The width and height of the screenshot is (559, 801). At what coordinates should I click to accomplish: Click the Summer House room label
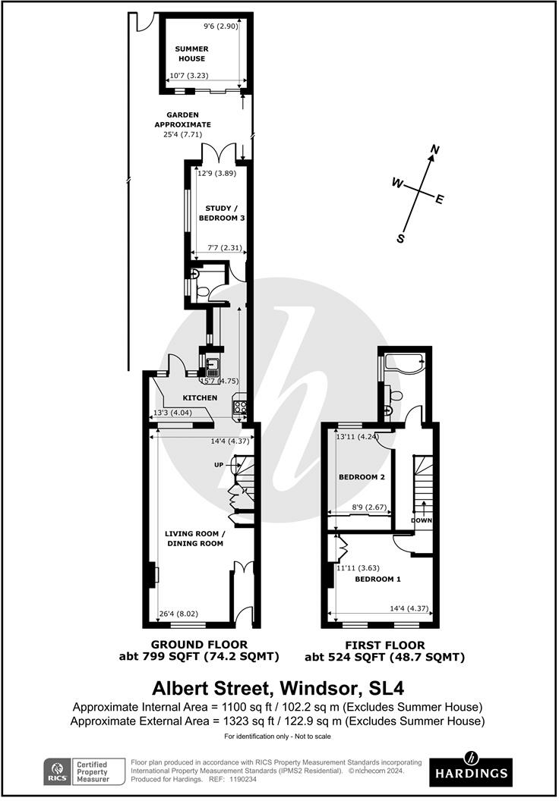[191, 54]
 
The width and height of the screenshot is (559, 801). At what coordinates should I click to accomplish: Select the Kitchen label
[200, 397]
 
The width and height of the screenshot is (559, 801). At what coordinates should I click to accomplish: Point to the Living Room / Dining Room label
[195, 539]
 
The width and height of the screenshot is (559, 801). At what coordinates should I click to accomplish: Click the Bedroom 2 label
[362, 477]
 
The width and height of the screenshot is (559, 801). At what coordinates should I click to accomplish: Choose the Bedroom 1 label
[378, 580]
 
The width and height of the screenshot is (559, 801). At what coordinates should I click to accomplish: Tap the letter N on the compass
[435, 149]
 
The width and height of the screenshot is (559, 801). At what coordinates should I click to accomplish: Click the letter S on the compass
[401, 238]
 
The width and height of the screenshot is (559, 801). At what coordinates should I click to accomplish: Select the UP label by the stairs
[219, 465]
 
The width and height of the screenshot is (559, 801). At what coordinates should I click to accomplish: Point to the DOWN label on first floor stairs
[422, 520]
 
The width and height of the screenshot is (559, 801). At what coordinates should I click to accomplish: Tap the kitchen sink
[213, 365]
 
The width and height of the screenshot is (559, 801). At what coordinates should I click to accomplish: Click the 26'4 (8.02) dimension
[178, 614]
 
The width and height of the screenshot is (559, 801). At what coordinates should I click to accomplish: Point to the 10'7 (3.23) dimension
[188, 76]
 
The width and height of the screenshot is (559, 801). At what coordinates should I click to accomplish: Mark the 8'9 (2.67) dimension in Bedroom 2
[369, 507]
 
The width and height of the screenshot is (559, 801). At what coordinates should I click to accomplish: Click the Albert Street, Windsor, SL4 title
[278, 688]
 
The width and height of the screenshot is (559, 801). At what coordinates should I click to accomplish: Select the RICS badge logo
[56, 771]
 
